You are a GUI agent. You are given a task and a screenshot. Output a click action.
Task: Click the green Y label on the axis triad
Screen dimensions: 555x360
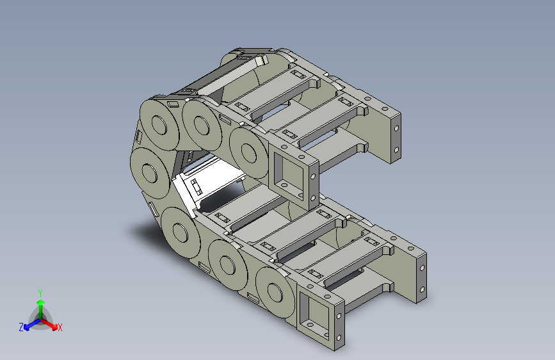point(40,293)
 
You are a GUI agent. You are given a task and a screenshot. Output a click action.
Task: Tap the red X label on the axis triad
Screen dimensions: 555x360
point(60,327)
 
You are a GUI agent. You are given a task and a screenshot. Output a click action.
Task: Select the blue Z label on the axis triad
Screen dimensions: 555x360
point(21,327)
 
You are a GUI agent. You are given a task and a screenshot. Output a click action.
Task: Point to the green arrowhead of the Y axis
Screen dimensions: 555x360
point(41,302)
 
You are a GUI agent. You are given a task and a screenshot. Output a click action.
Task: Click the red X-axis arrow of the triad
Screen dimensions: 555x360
point(49,323)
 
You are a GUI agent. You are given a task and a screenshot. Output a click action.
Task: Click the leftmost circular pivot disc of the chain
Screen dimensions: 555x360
point(149,173)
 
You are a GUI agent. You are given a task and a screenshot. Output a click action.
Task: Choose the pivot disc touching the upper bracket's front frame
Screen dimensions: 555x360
point(248,152)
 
